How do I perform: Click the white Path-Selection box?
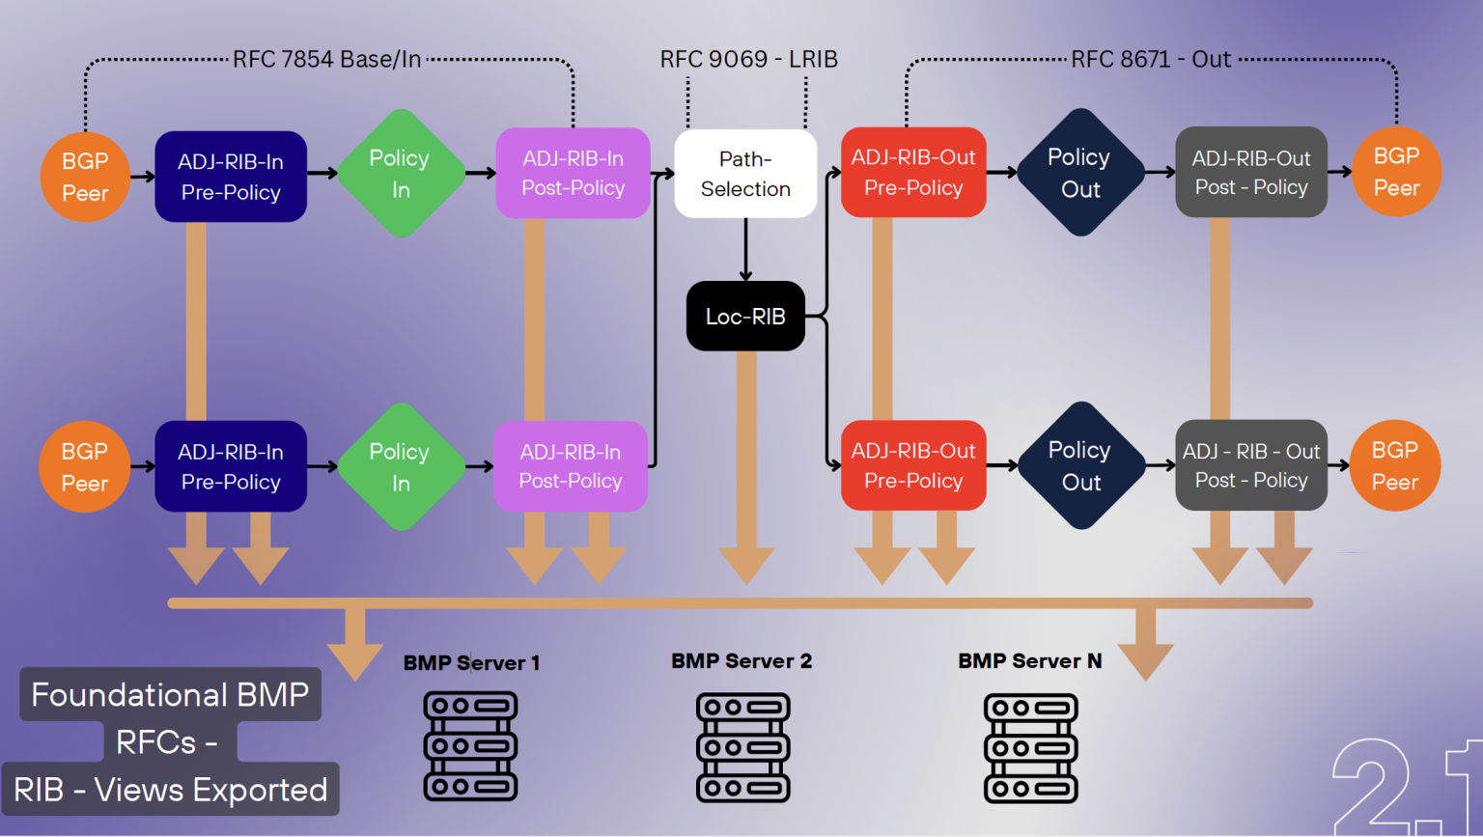745,174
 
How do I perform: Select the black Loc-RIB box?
745,317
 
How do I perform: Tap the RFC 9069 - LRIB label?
748,60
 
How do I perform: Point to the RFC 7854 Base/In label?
326,60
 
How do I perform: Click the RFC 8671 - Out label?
1151,60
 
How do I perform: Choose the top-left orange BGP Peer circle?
85,177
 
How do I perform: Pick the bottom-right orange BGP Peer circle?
1395,465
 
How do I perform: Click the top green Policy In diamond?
400,174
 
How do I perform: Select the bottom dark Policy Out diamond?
1080,465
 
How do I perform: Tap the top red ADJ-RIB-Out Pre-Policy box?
913,173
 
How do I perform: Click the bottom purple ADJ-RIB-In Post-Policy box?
571,466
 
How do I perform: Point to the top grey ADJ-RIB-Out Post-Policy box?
1251,173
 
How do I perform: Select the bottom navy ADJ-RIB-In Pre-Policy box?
231,466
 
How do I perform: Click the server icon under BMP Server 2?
742,747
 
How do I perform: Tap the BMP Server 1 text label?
471,663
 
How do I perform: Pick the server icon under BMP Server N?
1030,747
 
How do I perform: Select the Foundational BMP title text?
170,695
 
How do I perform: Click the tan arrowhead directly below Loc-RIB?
746,564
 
